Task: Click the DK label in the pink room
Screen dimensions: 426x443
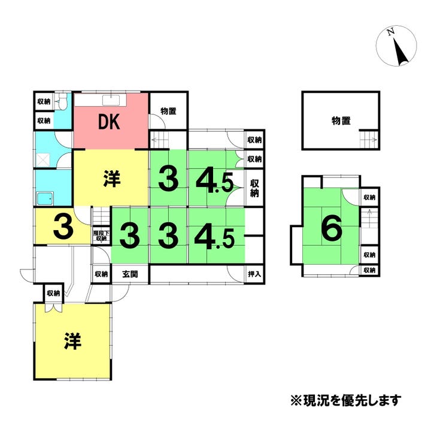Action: click(x=110, y=123)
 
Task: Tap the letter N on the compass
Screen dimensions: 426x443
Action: click(x=390, y=33)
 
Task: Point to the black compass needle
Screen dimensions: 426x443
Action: click(x=400, y=53)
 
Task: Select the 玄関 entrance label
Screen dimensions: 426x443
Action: click(x=131, y=274)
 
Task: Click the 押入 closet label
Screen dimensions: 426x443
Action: click(x=254, y=274)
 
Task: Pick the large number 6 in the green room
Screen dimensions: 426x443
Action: click(x=331, y=228)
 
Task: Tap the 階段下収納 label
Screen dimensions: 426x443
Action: click(x=100, y=235)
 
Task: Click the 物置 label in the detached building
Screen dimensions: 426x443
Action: click(x=341, y=120)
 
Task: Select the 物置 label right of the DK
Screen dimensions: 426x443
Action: click(x=168, y=111)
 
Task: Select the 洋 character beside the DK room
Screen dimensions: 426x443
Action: click(x=111, y=179)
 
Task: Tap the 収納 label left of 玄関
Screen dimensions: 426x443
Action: click(x=101, y=274)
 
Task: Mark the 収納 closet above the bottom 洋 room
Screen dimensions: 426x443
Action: click(x=53, y=293)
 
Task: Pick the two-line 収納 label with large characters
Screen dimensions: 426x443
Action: click(x=254, y=188)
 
